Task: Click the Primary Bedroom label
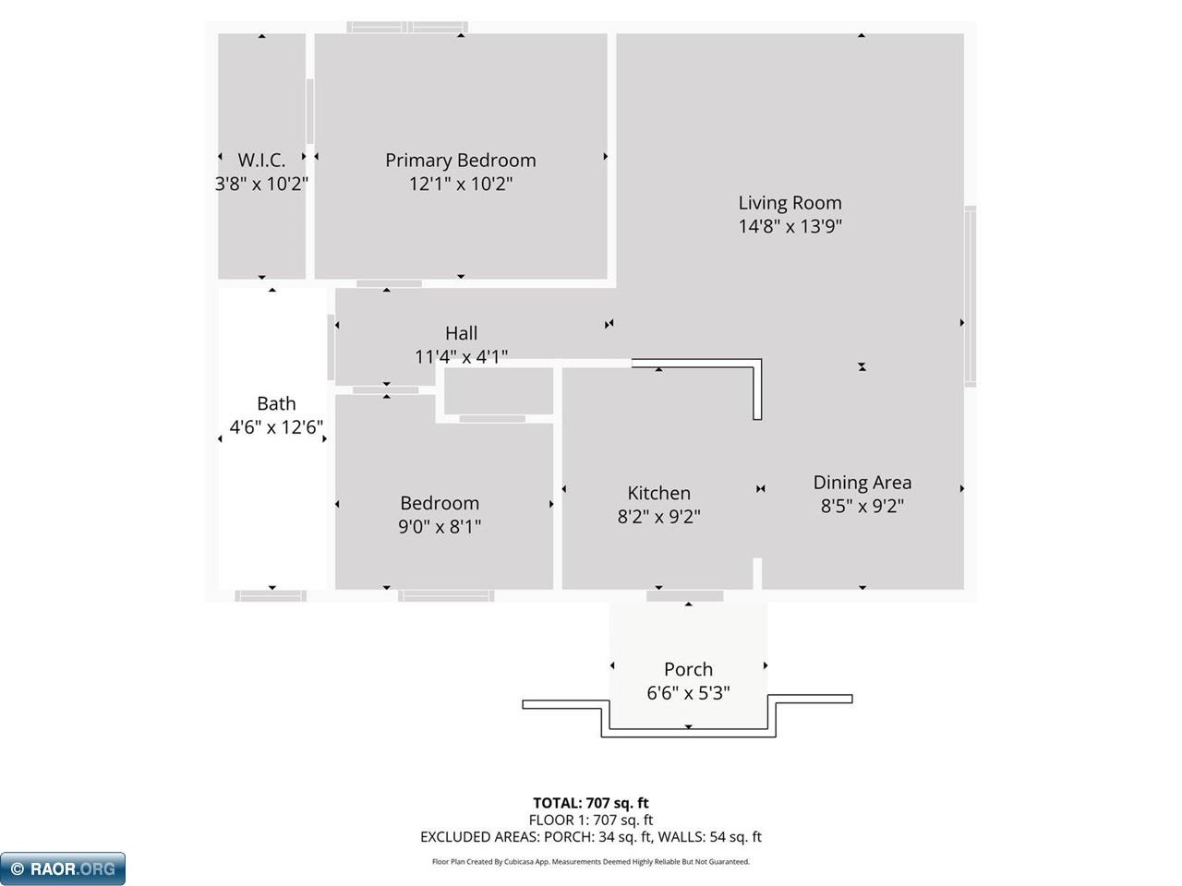(460, 161)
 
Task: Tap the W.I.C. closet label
(261, 161)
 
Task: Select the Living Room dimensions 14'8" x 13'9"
(790, 226)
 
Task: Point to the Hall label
(461, 333)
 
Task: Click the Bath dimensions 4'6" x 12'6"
(276, 426)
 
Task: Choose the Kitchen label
(658, 493)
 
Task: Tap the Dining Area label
(862, 482)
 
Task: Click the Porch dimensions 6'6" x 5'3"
(688, 693)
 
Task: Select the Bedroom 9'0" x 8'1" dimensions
(440, 527)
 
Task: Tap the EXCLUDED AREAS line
(590, 837)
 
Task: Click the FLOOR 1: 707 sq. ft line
(590, 820)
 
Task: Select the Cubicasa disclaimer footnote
(590, 862)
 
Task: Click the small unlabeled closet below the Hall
(499, 390)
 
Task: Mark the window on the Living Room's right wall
(970, 295)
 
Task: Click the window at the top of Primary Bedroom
(406, 27)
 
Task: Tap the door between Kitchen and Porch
(684, 596)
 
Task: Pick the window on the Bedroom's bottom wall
(446, 596)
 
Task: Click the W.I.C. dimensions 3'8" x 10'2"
(261, 184)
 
